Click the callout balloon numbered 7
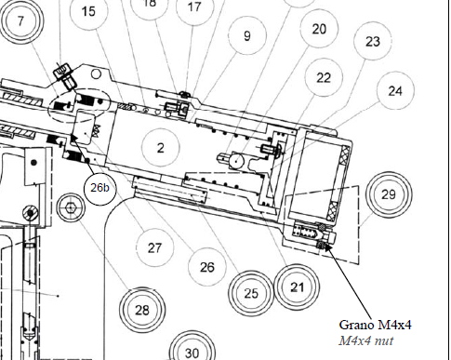coord(20,21)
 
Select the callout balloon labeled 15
coord(88,11)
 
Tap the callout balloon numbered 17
coord(194,7)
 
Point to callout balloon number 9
coord(247,35)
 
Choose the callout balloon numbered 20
coord(319,29)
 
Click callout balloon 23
coord(373,41)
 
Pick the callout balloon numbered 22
coord(324,77)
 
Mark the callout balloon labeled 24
coord(395,90)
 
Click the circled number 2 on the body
coord(160,148)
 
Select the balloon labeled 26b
coord(99,188)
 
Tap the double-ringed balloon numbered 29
coord(389,194)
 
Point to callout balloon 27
coord(154,247)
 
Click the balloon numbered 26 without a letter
coord(207,267)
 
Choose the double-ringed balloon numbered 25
coord(251,293)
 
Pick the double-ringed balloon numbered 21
coord(297,287)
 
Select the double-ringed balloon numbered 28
coord(142,310)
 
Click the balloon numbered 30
coord(192,353)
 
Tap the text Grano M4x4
coord(375,325)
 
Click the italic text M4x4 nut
coord(366,340)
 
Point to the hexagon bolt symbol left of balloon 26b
coord(71,207)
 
